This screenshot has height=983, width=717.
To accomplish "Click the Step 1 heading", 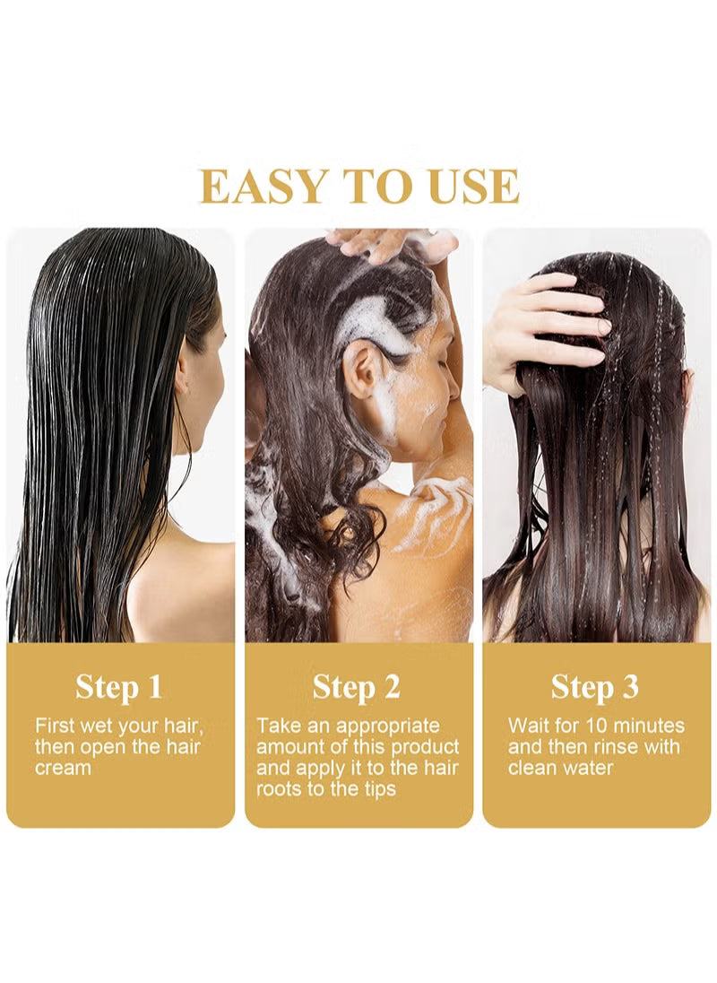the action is coord(119,687).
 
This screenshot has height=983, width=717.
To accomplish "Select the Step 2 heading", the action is coord(357,687).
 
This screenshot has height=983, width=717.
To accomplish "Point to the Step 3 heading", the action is coord(595,687).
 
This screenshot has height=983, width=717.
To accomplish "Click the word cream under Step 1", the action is coord(63,769).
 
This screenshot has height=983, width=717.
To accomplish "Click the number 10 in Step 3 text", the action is coord(595,726).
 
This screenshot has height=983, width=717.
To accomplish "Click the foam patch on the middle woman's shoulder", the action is coord(432,514).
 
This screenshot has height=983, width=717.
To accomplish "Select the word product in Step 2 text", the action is coord(423,747).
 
